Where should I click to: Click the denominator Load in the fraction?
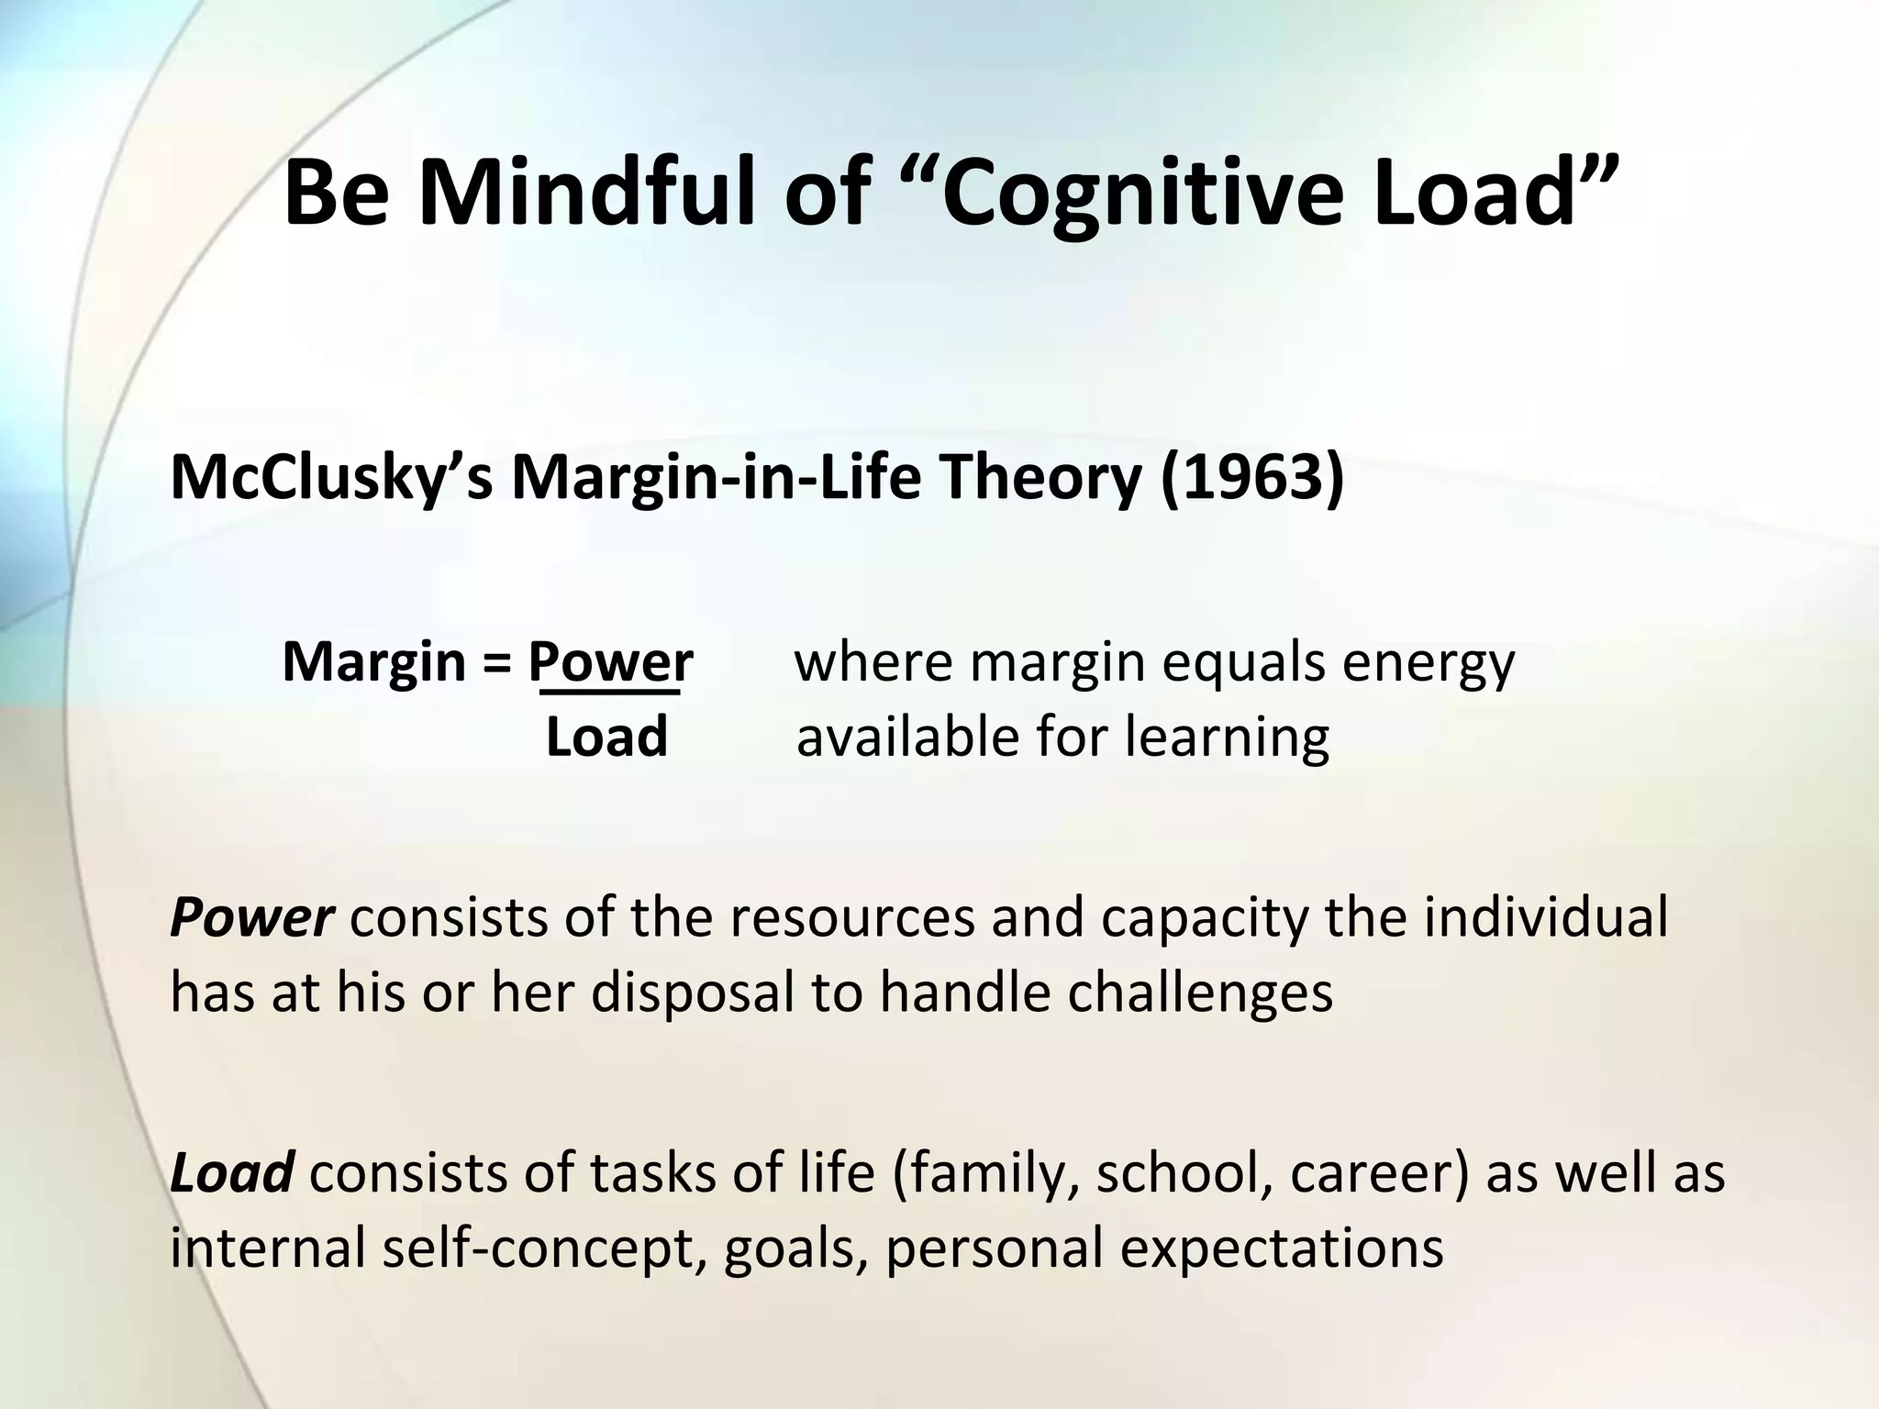pyautogui.click(x=606, y=737)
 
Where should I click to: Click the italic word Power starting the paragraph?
pyautogui.click(x=251, y=917)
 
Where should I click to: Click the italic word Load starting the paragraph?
pyautogui.click(x=231, y=1172)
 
